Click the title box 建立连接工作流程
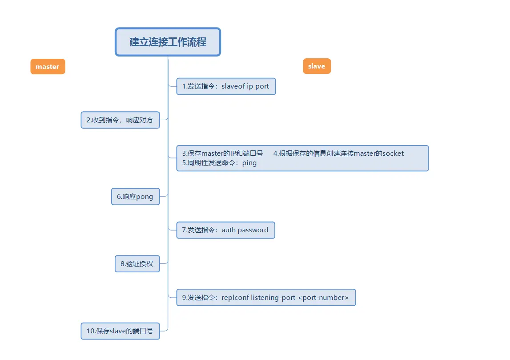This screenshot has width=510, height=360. pos(168,42)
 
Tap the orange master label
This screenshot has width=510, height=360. pos(48,67)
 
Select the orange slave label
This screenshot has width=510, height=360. pos(317,66)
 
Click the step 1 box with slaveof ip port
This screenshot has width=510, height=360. pos(226,86)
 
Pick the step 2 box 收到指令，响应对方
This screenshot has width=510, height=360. pos(120,120)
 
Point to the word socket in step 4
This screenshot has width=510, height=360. pos(393,154)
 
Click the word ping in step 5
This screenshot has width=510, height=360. pos(249,163)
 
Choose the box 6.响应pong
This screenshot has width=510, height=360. pos(135,197)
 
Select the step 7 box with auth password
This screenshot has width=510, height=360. pos(225,230)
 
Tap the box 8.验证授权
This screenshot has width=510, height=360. pos(137,263)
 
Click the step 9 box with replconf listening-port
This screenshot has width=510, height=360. pos(266,298)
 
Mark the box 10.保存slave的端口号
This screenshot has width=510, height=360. pos(120,331)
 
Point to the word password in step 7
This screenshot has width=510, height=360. pos(253,230)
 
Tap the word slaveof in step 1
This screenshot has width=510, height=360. pos(233,86)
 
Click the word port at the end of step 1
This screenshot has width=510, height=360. pos(262,86)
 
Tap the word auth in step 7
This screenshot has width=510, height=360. pos(229,230)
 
